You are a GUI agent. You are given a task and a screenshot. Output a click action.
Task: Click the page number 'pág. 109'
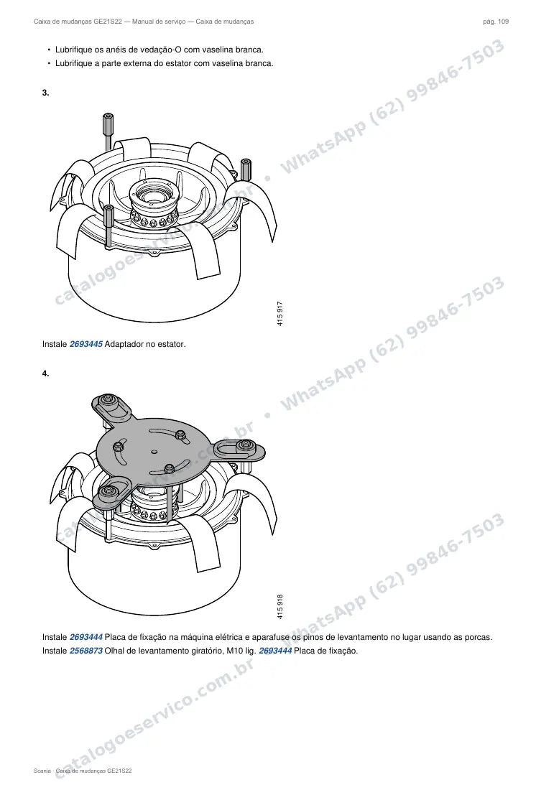pos(496,22)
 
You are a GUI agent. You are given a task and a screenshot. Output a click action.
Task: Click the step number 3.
pos(45,93)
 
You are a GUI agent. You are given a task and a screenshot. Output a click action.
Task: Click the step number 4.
pos(45,373)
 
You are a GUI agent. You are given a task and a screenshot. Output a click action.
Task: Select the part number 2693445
pos(86,344)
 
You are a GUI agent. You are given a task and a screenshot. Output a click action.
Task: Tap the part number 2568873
pos(86,651)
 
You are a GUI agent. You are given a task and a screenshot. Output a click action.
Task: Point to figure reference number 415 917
pos(280,313)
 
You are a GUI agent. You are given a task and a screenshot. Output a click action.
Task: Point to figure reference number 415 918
pos(280,607)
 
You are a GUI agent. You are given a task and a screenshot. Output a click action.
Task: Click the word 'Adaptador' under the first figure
pos(124,344)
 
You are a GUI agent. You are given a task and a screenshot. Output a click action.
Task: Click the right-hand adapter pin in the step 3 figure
pos(246,169)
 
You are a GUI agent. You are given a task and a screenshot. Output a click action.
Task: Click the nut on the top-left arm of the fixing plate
pos(107,401)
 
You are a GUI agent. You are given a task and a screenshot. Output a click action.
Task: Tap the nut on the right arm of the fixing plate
pos(246,445)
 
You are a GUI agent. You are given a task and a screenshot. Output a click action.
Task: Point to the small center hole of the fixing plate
pos(154,451)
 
